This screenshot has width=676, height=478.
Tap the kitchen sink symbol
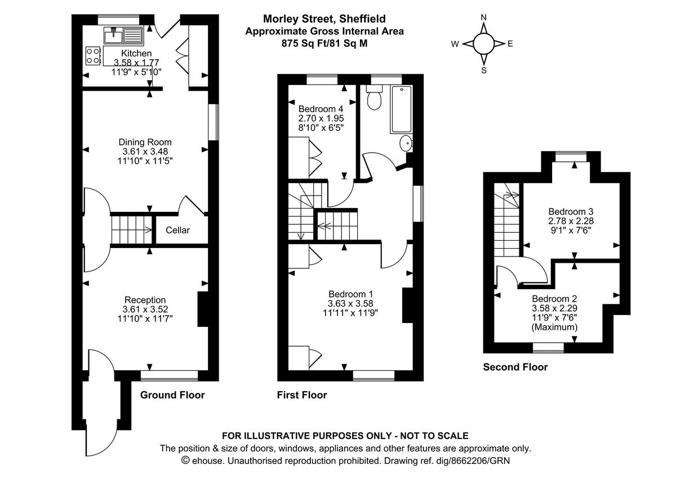pos(123,36)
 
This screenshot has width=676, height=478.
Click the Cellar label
pos(177,230)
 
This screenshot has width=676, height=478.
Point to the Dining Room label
pos(145,142)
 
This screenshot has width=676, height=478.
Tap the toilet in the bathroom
pos(374,99)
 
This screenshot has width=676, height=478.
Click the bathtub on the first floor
pos(401,109)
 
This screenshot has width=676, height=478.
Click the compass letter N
pos(483,17)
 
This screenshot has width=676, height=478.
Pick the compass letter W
pos(455,44)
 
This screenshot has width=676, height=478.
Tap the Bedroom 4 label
pos(321,109)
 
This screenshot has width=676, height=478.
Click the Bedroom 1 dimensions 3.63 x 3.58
pos(350,304)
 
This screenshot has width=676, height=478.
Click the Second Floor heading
pos(515,367)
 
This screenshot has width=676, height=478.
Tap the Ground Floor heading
pos(172,395)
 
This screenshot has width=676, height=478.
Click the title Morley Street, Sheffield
pos(324,20)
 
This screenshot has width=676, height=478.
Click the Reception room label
pos(145,300)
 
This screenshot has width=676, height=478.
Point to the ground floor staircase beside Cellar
pos(132,229)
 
